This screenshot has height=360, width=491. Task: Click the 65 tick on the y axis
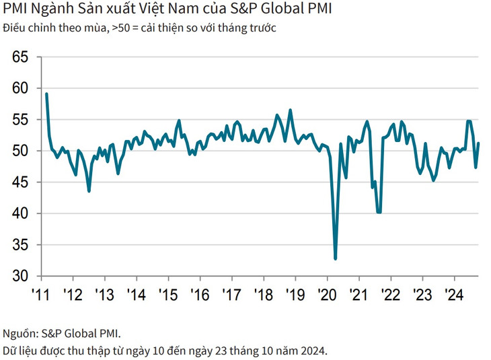pos(20,57)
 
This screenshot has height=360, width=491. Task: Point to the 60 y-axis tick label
pos(20,88)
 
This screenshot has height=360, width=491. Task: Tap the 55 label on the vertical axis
pos(20,120)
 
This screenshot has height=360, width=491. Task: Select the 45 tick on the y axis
pos(20,182)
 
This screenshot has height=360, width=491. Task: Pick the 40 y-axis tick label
pos(20,213)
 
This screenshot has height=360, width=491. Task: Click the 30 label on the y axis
pos(20,276)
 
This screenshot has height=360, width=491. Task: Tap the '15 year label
pos(167,295)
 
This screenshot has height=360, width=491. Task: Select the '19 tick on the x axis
pos(295,295)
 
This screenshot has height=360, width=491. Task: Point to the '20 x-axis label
pos(326,295)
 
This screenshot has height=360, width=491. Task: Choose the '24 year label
pos(454,295)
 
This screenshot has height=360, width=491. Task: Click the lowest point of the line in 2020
pos(335,258)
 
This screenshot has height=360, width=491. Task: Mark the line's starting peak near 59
pos(46,94)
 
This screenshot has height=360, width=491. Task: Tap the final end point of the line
pos(478,143)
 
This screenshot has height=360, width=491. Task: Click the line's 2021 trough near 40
pos(379,212)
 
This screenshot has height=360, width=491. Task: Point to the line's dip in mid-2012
pos(89,191)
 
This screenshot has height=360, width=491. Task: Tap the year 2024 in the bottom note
pos(311,351)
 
